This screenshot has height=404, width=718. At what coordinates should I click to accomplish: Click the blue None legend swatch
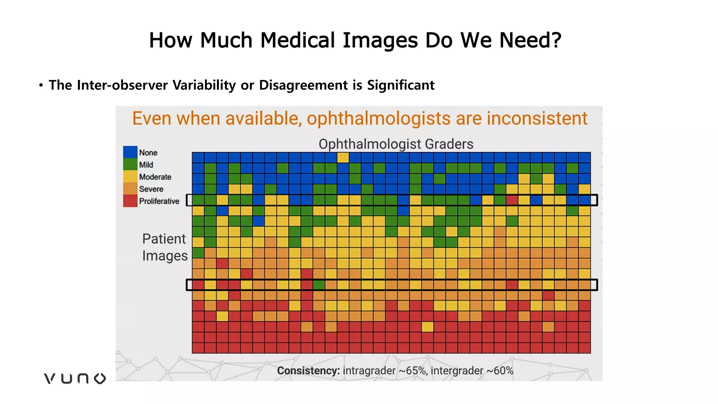[130, 152]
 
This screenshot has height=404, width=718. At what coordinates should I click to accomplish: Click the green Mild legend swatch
[130, 164]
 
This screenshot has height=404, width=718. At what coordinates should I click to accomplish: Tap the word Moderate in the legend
[155, 177]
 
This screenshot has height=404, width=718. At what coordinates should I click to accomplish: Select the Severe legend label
[151, 189]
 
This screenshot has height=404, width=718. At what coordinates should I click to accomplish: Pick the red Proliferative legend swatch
[130, 201]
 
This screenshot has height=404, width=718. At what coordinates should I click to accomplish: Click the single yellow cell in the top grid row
[343, 158]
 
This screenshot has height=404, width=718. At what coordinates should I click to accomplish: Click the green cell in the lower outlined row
[319, 285]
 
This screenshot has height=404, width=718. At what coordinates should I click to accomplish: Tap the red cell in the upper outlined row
[512, 200]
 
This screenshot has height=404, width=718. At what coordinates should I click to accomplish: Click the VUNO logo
[75, 378]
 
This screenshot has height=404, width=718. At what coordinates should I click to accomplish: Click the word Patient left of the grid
[164, 239]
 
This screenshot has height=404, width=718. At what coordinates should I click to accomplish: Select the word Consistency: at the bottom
[308, 371]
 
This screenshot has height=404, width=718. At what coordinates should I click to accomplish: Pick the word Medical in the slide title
[298, 40]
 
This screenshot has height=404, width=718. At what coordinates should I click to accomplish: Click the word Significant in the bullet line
[401, 85]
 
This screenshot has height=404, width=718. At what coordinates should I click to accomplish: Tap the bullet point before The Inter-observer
[41, 85]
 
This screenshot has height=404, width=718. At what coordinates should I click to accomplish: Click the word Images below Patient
[165, 256]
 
